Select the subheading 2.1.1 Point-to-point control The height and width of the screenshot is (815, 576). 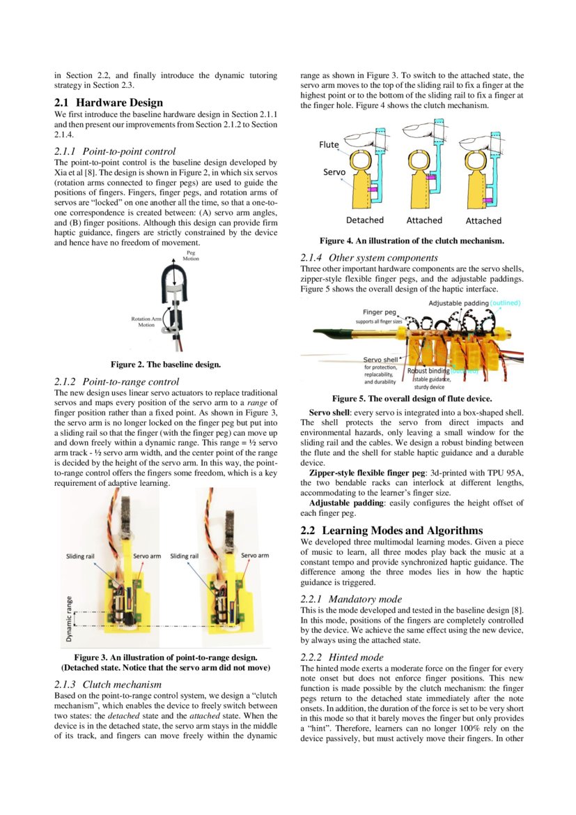[115, 151]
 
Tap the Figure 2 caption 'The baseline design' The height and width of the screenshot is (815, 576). [166, 364]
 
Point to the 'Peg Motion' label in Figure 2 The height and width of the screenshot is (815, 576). [190, 256]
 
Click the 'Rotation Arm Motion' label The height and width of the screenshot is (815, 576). [146, 321]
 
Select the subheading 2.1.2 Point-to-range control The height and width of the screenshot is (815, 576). [116, 381]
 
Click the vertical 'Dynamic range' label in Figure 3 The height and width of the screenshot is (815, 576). [69, 618]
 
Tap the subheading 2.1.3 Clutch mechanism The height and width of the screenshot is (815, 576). [108, 684]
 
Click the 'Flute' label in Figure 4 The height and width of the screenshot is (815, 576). [329, 145]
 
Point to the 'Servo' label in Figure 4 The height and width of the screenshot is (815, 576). [334, 171]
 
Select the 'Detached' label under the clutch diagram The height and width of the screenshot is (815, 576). [364, 220]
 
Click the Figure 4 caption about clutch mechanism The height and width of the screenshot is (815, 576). [412, 241]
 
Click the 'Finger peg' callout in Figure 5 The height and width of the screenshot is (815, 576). [380, 312]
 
